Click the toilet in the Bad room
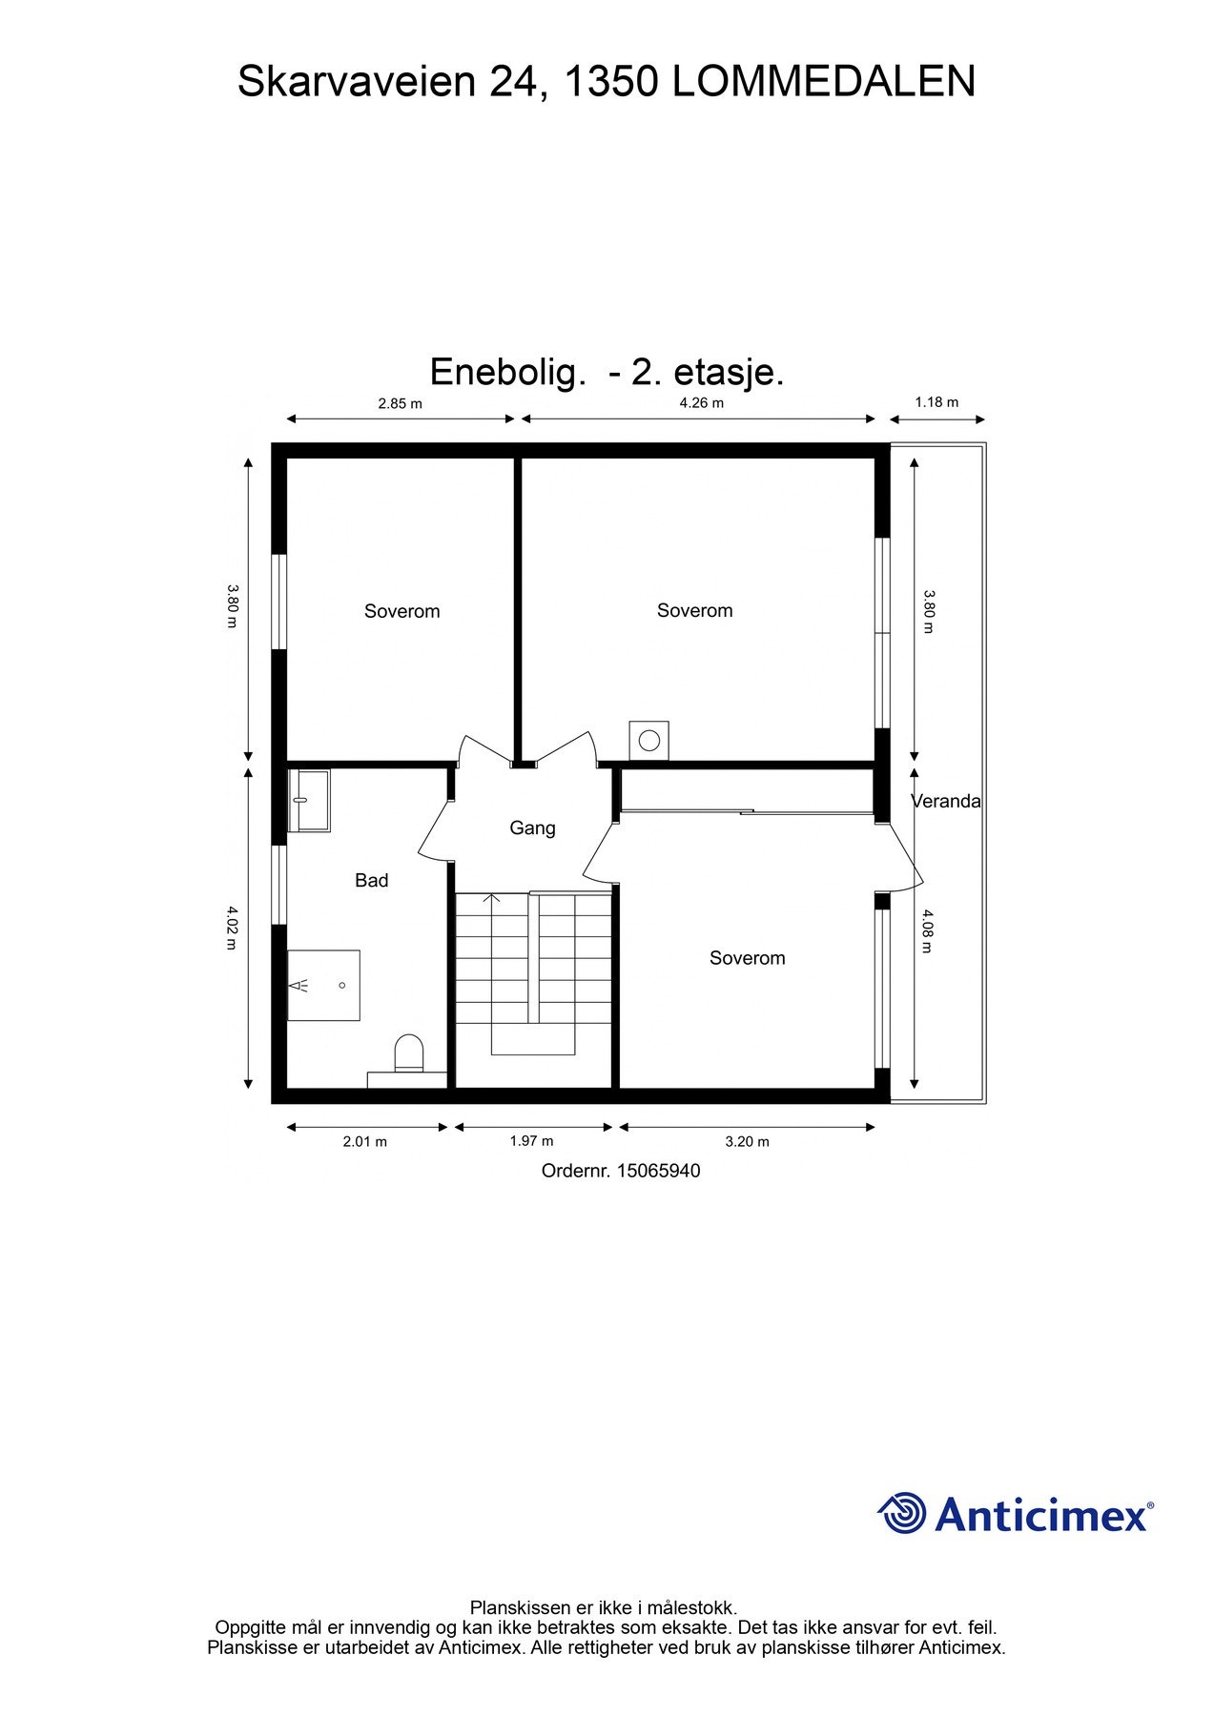pyautogui.click(x=409, y=1053)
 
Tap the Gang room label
pyautogui.click(x=532, y=827)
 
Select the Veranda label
pyautogui.click(x=946, y=801)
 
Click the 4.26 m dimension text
pyautogui.click(x=701, y=402)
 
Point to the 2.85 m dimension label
pyautogui.click(x=400, y=403)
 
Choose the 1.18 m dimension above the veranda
pyautogui.click(x=936, y=402)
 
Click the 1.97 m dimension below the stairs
pyautogui.click(x=531, y=1140)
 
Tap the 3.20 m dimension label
pyautogui.click(x=747, y=1141)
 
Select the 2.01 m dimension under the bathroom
pyautogui.click(x=365, y=1141)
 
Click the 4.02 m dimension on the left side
pyautogui.click(x=231, y=928)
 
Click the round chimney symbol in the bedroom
pyautogui.click(x=649, y=740)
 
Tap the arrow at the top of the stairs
pyautogui.click(x=492, y=898)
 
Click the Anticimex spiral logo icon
pyautogui.click(x=902, y=1513)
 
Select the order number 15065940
pyautogui.click(x=658, y=1171)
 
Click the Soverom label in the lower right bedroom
pyautogui.click(x=747, y=958)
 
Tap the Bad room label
pyautogui.click(x=371, y=880)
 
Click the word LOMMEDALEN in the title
pyautogui.click(x=824, y=82)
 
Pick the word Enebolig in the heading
pyautogui.click(x=506, y=372)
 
